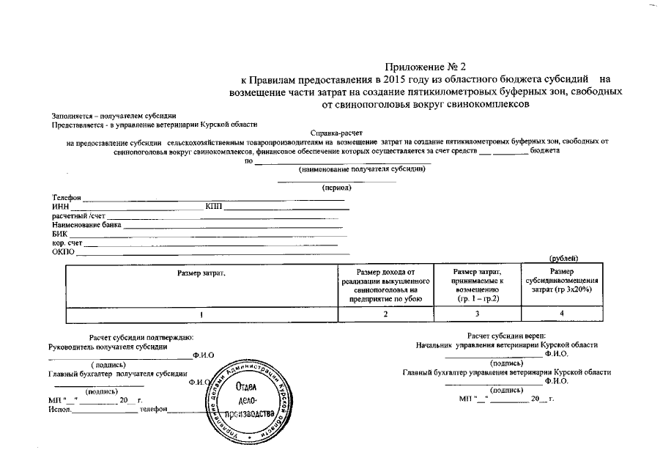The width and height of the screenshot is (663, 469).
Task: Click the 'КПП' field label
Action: point(214,207)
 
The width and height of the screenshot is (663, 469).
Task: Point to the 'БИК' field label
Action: point(59,234)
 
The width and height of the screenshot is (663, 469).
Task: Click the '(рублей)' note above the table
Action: point(563,258)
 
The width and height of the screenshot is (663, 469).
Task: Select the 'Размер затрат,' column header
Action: point(201,273)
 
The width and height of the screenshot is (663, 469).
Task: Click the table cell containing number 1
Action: point(201,314)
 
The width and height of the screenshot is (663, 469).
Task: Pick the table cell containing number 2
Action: point(385,314)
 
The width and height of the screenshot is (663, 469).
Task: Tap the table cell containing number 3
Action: point(476,314)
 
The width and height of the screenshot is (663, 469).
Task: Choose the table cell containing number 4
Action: point(562,314)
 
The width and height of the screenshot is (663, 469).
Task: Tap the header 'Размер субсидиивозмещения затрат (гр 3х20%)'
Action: point(562,282)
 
